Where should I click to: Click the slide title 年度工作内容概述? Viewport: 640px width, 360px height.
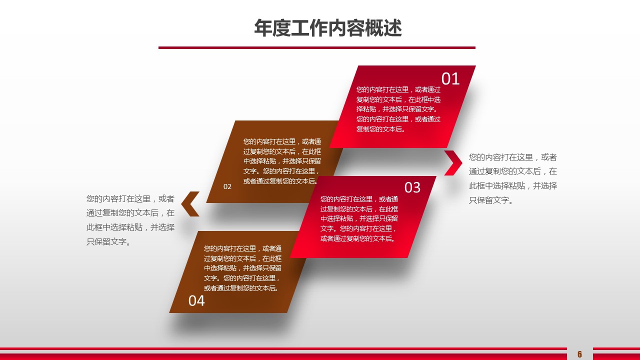point(327,28)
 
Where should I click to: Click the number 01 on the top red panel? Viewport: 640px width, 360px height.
point(450,78)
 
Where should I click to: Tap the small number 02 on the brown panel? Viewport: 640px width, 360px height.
point(227,187)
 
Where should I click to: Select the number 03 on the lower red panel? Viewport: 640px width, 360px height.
point(412,187)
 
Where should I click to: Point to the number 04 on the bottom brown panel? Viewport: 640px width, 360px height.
point(196,300)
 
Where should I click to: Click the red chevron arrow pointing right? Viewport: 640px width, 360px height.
point(454,162)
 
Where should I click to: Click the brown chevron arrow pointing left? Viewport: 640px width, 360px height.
point(190,203)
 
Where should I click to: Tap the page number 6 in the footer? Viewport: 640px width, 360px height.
point(579,354)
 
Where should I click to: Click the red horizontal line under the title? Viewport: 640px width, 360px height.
point(317,47)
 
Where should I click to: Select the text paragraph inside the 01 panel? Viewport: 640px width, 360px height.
point(398,109)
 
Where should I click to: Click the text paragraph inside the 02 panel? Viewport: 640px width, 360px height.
point(282,161)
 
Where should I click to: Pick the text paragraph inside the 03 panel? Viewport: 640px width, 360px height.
point(359,219)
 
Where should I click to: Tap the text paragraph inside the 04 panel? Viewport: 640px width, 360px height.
point(242,268)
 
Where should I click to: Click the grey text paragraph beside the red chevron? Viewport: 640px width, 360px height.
point(513,178)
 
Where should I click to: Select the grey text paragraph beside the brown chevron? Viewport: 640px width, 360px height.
point(130,220)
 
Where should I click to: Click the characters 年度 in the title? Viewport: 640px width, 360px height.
point(272,28)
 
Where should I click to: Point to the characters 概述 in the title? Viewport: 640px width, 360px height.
point(383,28)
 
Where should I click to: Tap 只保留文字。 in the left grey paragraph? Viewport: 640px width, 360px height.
point(109,241)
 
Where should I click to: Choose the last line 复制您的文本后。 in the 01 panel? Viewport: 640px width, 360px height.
point(381,129)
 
